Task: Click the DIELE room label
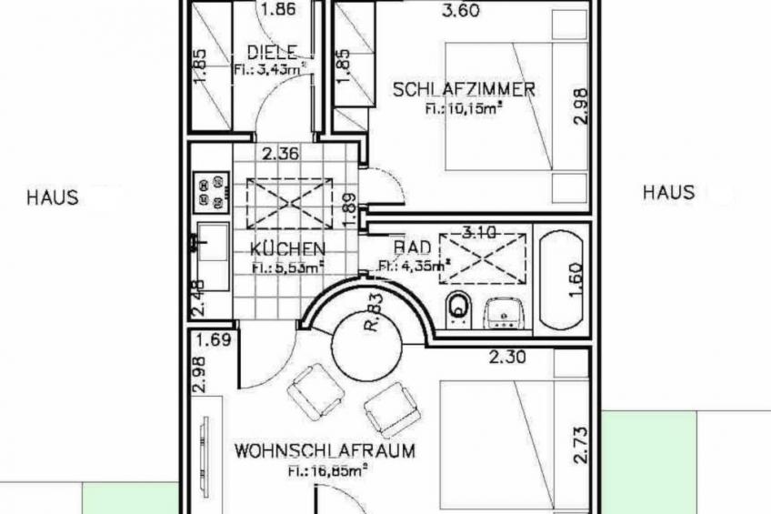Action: (x=273, y=53)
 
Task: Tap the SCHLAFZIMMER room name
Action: (x=464, y=89)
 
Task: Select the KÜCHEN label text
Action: (x=288, y=248)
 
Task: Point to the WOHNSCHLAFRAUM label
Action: (x=325, y=450)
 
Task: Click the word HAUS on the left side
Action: (x=53, y=196)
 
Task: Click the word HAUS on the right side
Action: (x=668, y=192)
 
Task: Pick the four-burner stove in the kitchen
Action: (x=211, y=189)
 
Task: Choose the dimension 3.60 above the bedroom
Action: (x=460, y=12)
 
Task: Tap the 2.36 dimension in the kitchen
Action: (x=281, y=154)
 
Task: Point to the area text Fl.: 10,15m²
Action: (x=464, y=107)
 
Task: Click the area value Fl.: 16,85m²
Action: (x=326, y=470)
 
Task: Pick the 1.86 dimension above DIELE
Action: (x=276, y=12)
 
